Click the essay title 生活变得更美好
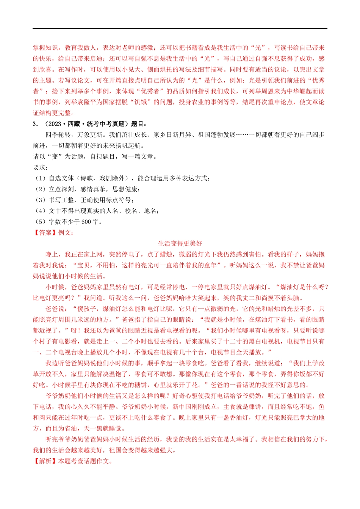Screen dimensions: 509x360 [x=180, y=244]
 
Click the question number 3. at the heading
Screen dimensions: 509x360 [x=35, y=124]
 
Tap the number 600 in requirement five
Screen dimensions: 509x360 [x=86, y=222]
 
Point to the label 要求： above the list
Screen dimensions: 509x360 [x=41, y=167]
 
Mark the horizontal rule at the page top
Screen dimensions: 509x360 [x=180, y=28]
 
